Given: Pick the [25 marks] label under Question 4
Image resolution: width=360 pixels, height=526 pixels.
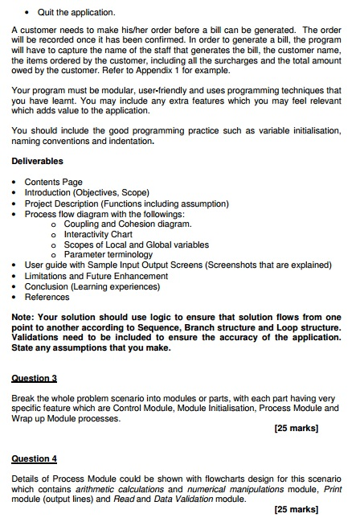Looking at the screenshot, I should point(297,509).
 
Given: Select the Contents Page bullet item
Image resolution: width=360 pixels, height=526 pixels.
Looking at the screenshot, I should point(54,183).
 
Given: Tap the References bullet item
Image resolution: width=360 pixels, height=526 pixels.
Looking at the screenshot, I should point(47,297).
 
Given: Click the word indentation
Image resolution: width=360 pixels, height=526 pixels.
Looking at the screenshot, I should point(131,141).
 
